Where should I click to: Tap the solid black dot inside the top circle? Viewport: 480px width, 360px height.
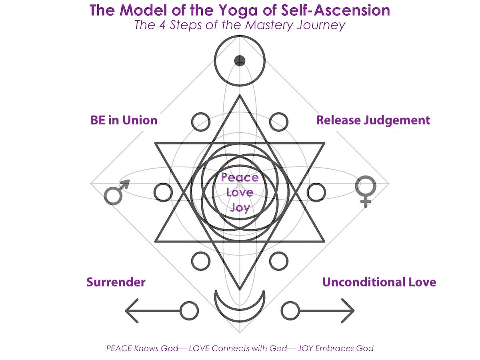pyautogui.click(x=240, y=61)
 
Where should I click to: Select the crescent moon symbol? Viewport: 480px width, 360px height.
pyautogui.click(x=240, y=304)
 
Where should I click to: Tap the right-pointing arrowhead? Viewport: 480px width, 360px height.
pyautogui.click(x=348, y=310)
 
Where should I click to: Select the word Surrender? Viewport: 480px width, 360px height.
pyautogui.click(x=116, y=282)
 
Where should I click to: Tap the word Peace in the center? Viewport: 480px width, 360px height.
pyautogui.click(x=240, y=177)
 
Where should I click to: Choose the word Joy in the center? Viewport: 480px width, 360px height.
pyautogui.click(x=240, y=207)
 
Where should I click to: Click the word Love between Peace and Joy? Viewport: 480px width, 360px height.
pyautogui.click(x=240, y=192)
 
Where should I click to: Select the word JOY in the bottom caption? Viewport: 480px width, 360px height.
pyautogui.click(x=308, y=348)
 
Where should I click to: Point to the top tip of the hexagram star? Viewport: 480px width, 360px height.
pyautogui.click(x=240, y=96)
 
